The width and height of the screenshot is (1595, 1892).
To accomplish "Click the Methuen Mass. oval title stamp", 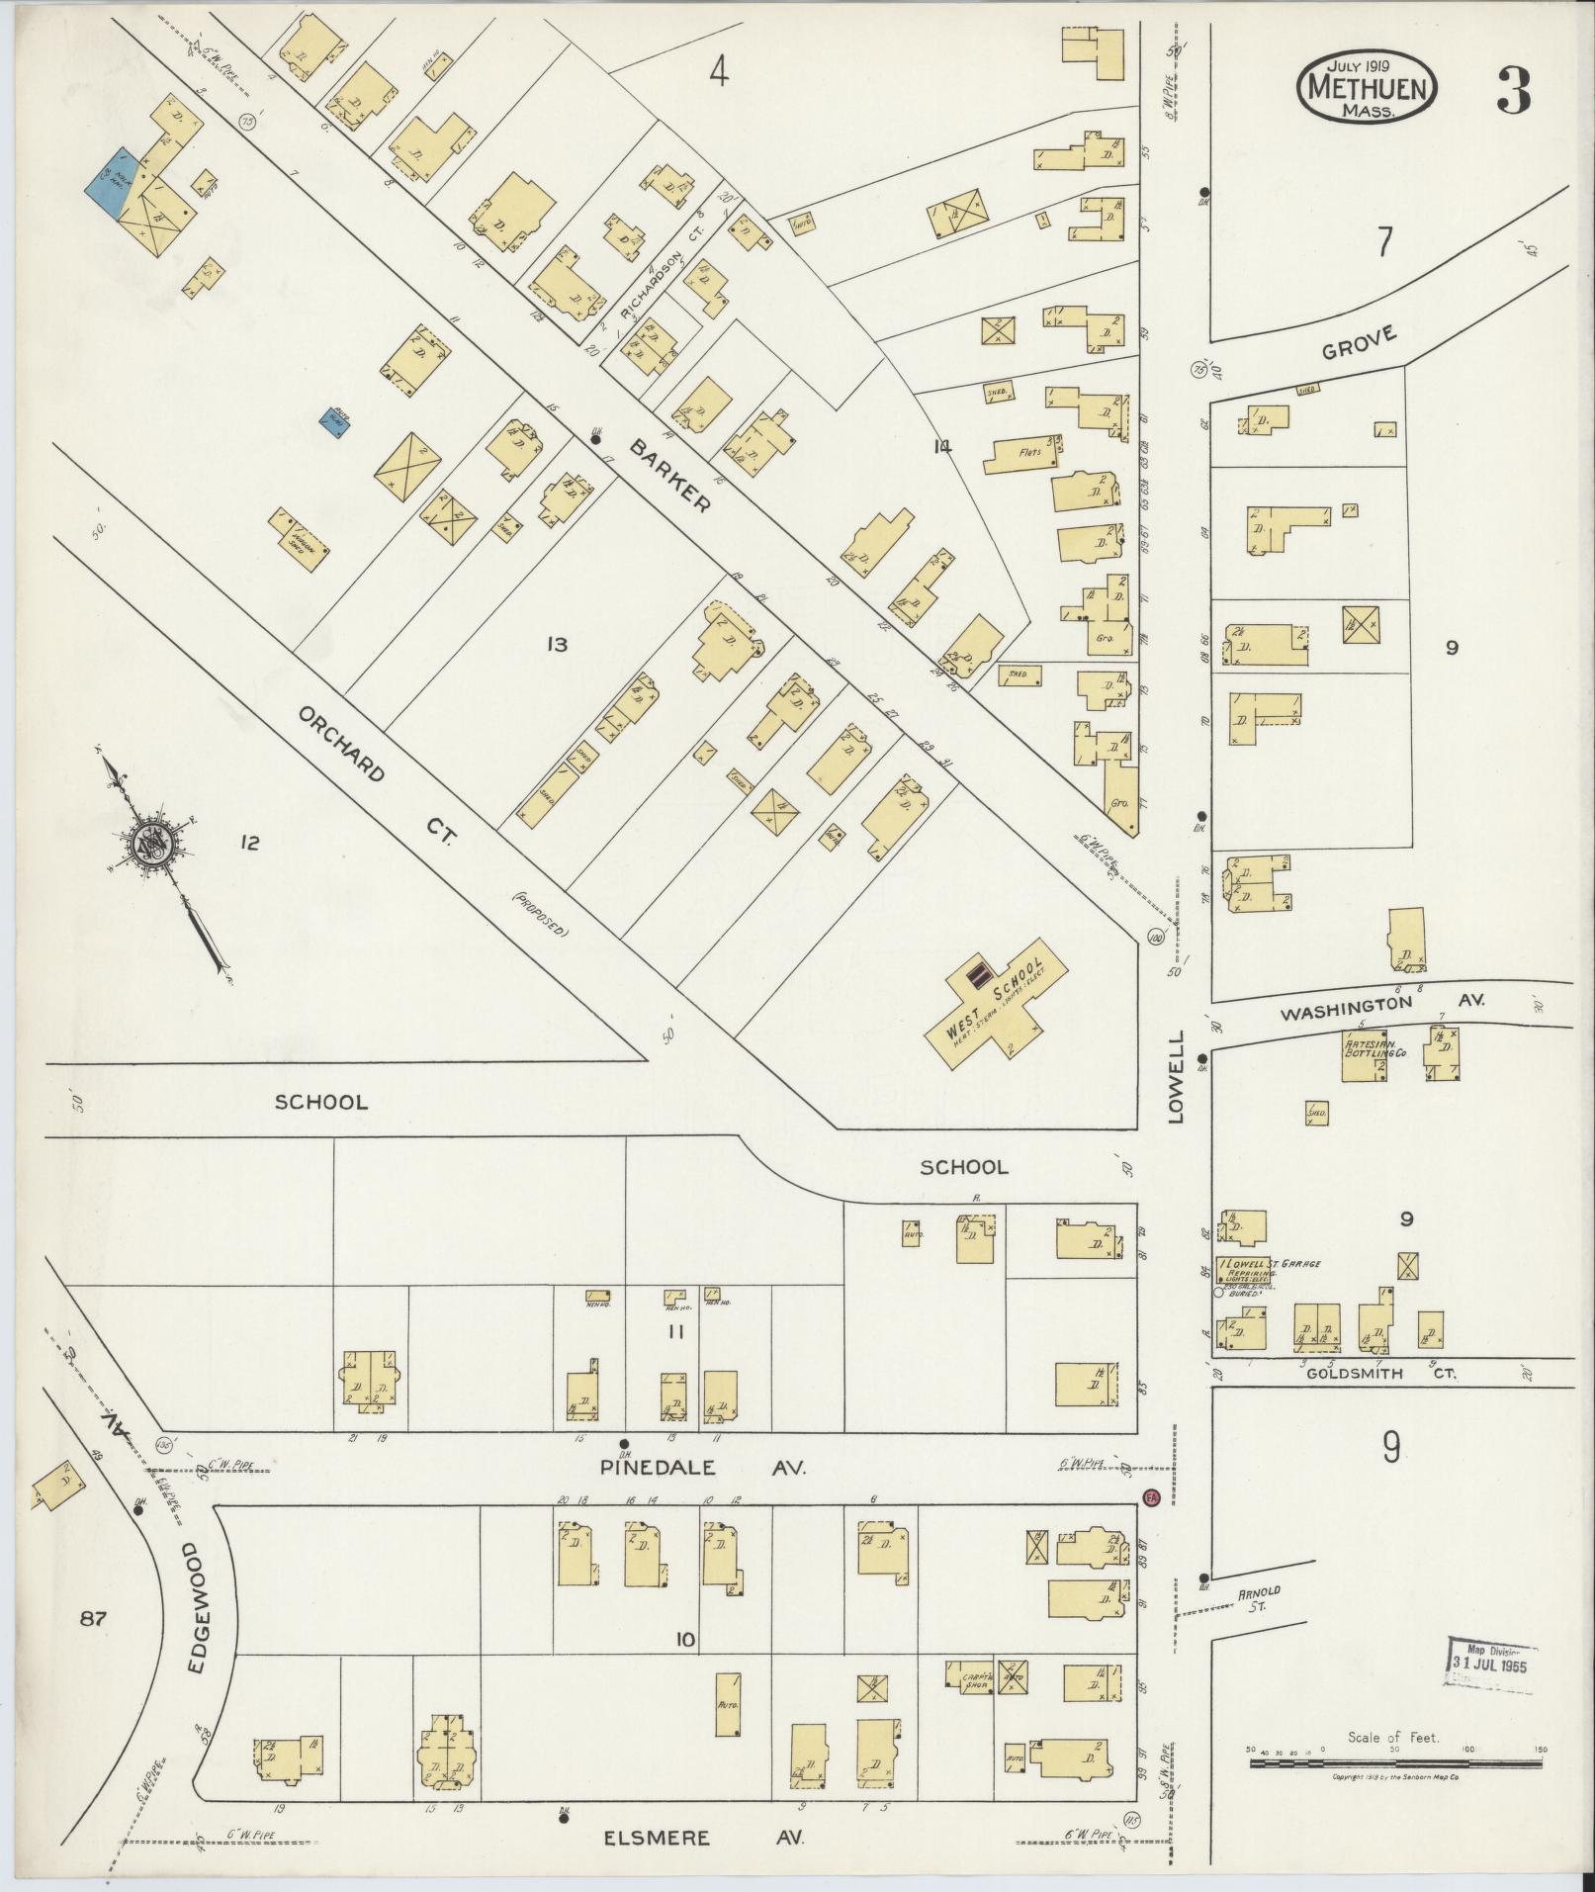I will [x=1367, y=88].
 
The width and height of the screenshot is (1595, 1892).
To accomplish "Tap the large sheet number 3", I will [x=1512, y=91].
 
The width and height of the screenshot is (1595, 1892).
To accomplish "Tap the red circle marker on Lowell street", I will [x=1150, y=1497].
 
